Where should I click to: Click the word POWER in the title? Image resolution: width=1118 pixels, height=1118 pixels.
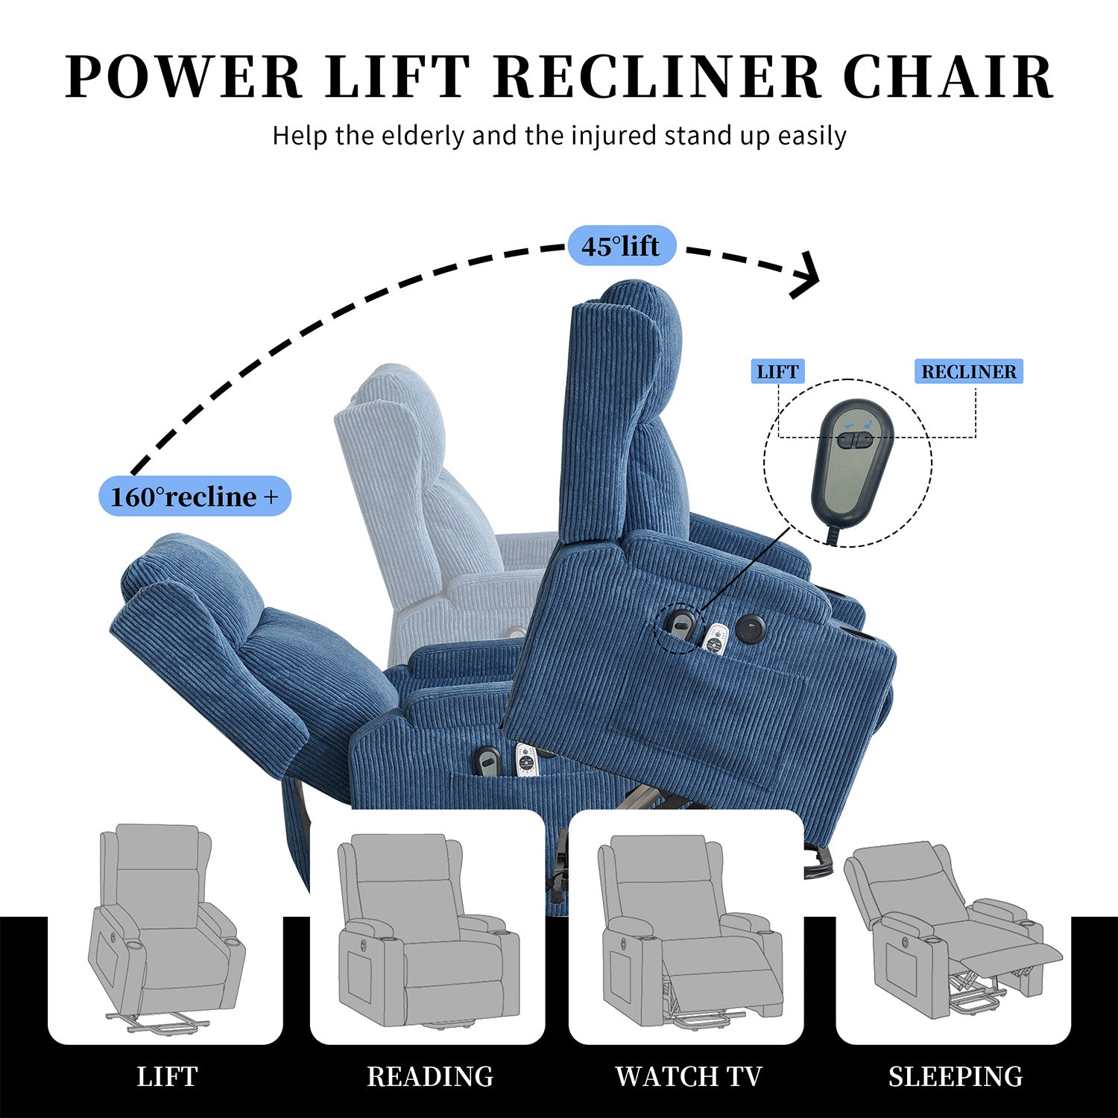(183, 76)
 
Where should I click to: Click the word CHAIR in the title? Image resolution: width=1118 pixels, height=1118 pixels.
(948, 76)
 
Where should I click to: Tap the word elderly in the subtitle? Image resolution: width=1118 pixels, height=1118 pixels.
(423, 136)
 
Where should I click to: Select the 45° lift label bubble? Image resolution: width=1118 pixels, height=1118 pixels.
(622, 245)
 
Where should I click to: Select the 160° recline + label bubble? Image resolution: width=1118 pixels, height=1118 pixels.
(195, 496)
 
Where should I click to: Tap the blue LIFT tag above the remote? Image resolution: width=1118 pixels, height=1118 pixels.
(778, 371)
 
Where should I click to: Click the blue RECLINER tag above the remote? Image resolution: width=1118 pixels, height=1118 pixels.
(968, 371)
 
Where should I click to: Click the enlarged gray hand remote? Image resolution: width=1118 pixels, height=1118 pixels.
(851, 465)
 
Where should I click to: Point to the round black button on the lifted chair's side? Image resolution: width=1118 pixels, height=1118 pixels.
(751, 628)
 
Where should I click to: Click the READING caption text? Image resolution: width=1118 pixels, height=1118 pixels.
(429, 1076)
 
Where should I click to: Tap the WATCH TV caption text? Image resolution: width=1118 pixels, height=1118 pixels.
(688, 1076)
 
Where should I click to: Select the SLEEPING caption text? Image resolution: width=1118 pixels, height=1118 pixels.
(955, 1076)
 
